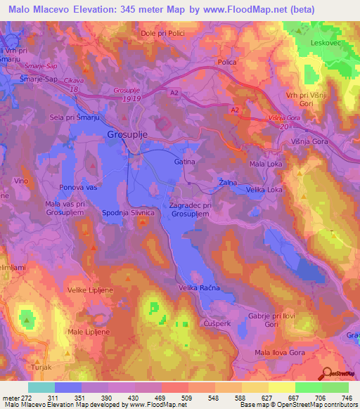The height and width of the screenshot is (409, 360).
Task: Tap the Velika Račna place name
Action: click(200, 289)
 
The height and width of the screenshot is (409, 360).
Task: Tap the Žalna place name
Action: click(227, 183)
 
